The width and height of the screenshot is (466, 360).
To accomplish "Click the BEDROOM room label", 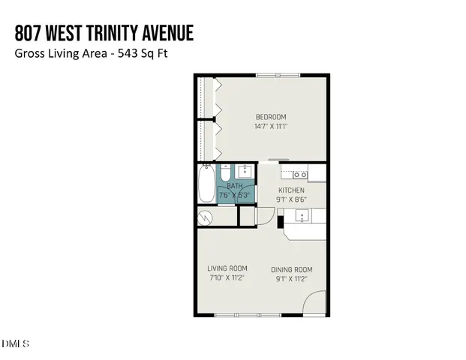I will pos(271,117).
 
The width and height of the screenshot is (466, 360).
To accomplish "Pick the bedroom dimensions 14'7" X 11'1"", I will pos(271,126).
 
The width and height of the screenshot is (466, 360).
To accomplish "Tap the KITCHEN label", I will pos(292,191).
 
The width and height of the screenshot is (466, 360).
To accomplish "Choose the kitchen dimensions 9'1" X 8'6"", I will pos(292,199).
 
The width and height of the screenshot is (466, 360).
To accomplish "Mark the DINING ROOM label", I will pos(292,269).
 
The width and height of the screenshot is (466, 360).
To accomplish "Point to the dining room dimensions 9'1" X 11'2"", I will pos(292,278).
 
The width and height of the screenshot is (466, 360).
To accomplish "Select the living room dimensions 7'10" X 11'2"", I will pos(227,277).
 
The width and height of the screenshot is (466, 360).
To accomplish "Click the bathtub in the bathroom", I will pos(206,184).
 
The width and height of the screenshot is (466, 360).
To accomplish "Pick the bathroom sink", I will pos(247,172).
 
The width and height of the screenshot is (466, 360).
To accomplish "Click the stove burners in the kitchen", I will pos(299,175).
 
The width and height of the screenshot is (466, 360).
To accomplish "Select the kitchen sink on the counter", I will pos(302,217).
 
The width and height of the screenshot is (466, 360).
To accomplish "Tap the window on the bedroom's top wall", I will pos(278,74).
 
